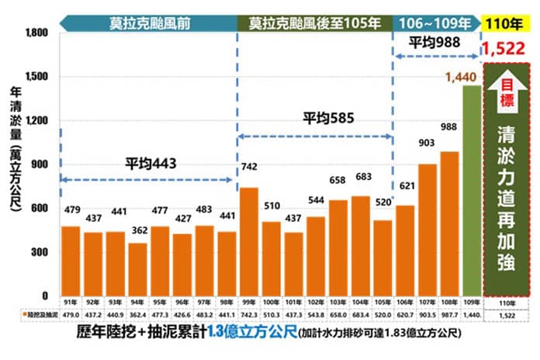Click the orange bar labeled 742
pyautogui.click(x=250, y=241)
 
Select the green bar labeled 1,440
pyautogui.click(x=471, y=190)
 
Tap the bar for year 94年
pyautogui.click(x=137, y=269)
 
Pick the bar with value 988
pyautogui.click(x=448, y=223)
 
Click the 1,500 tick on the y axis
pyautogui.click(x=36, y=78)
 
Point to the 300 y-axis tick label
pyautogui.click(x=40, y=253)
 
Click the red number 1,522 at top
pyautogui.click(x=504, y=49)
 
